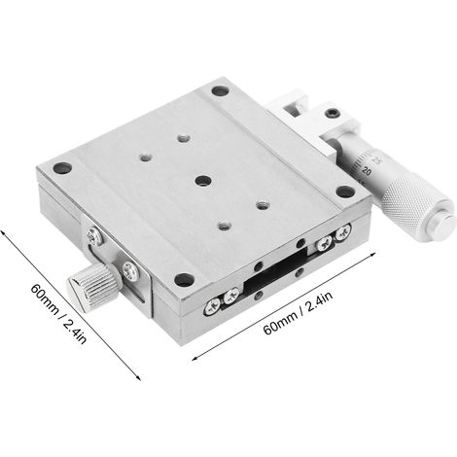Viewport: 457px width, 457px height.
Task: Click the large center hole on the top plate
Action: tap(203, 181)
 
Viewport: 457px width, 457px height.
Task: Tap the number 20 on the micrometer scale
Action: tap(367, 171)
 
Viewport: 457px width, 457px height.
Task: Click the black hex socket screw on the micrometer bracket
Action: tap(333, 114)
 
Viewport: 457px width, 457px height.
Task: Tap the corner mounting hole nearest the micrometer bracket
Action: tap(221, 90)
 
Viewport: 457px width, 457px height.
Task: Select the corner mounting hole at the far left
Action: tap(62, 168)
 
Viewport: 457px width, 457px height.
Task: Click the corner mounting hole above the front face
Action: tap(184, 279)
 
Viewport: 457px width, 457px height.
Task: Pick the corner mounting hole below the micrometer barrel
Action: tap(344, 192)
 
